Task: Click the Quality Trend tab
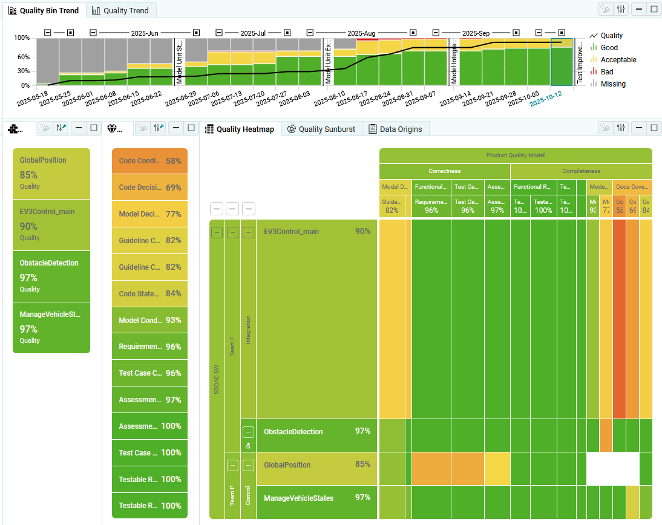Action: tap(120, 10)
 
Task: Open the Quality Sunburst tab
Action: tap(321, 129)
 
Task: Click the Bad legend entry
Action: tap(606, 72)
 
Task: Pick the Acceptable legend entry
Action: tap(618, 60)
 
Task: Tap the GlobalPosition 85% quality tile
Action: tap(51, 174)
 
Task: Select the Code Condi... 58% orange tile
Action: tap(149, 161)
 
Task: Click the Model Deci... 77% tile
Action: tap(149, 214)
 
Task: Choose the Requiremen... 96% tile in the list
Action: tap(149, 347)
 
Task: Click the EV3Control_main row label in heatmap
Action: tap(291, 232)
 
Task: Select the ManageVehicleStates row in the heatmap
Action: tap(298, 498)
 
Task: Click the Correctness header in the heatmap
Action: tap(445, 171)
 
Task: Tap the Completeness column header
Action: tap(581, 171)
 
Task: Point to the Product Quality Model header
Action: tap(516, 155)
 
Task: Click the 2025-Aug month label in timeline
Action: tap(361, 33)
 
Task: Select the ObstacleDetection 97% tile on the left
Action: tap(51, 276)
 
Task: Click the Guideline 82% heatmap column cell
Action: tap(392, 206)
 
